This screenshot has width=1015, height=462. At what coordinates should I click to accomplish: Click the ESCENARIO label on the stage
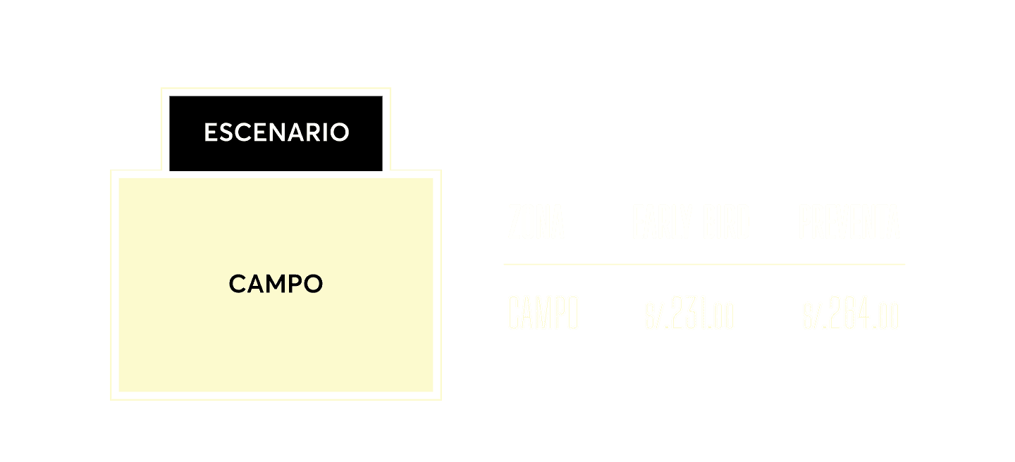click(276, 132)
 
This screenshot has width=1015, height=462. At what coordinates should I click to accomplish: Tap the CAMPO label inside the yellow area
click(276, 285)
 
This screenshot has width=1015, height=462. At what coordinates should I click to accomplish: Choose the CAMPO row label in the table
click(543, 313)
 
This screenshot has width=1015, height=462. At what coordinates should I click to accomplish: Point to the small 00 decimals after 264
click(890, 319)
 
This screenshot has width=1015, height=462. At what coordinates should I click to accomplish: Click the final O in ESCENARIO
click(340, 132)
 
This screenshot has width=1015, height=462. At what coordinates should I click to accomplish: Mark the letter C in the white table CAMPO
click(514, 313)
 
